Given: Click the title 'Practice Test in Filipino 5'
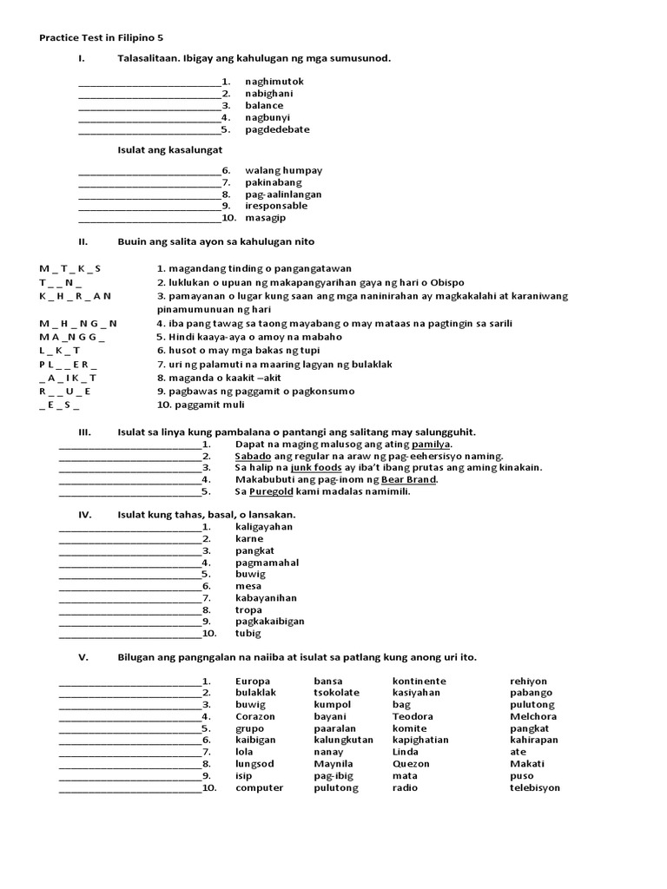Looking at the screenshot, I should [101, 38].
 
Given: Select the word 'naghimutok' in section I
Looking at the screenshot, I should [274, 82].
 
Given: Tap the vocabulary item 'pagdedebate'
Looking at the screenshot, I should [277, 129].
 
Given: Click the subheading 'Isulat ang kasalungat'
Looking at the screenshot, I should [170, 150].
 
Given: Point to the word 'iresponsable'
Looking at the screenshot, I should [276, 206].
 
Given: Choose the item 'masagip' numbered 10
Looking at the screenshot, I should [265, 218].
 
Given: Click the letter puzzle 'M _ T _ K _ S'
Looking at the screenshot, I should [70, 269].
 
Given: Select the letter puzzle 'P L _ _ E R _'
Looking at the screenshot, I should [69, 365].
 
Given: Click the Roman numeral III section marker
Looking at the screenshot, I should [85, 432].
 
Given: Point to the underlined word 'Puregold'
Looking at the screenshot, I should [268, 491].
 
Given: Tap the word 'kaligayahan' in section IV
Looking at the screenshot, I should [264, 527].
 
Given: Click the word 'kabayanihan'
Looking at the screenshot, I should [266, 598].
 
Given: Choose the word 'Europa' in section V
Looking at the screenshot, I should [253, 682].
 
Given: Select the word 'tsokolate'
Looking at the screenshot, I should [337, 693].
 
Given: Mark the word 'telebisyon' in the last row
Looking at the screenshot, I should [535, 788].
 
